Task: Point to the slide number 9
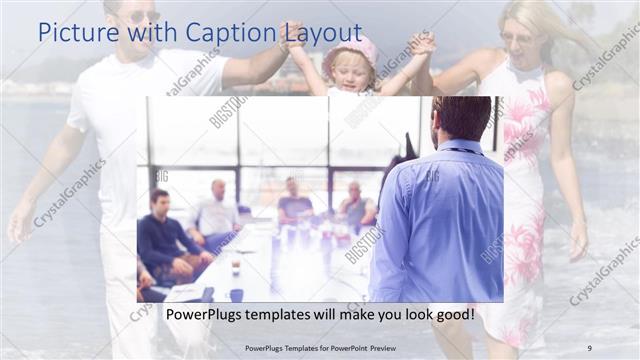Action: coord(589,348)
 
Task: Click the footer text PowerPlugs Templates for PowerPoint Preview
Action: coord(321,348)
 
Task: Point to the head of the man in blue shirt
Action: coord(461,118)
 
